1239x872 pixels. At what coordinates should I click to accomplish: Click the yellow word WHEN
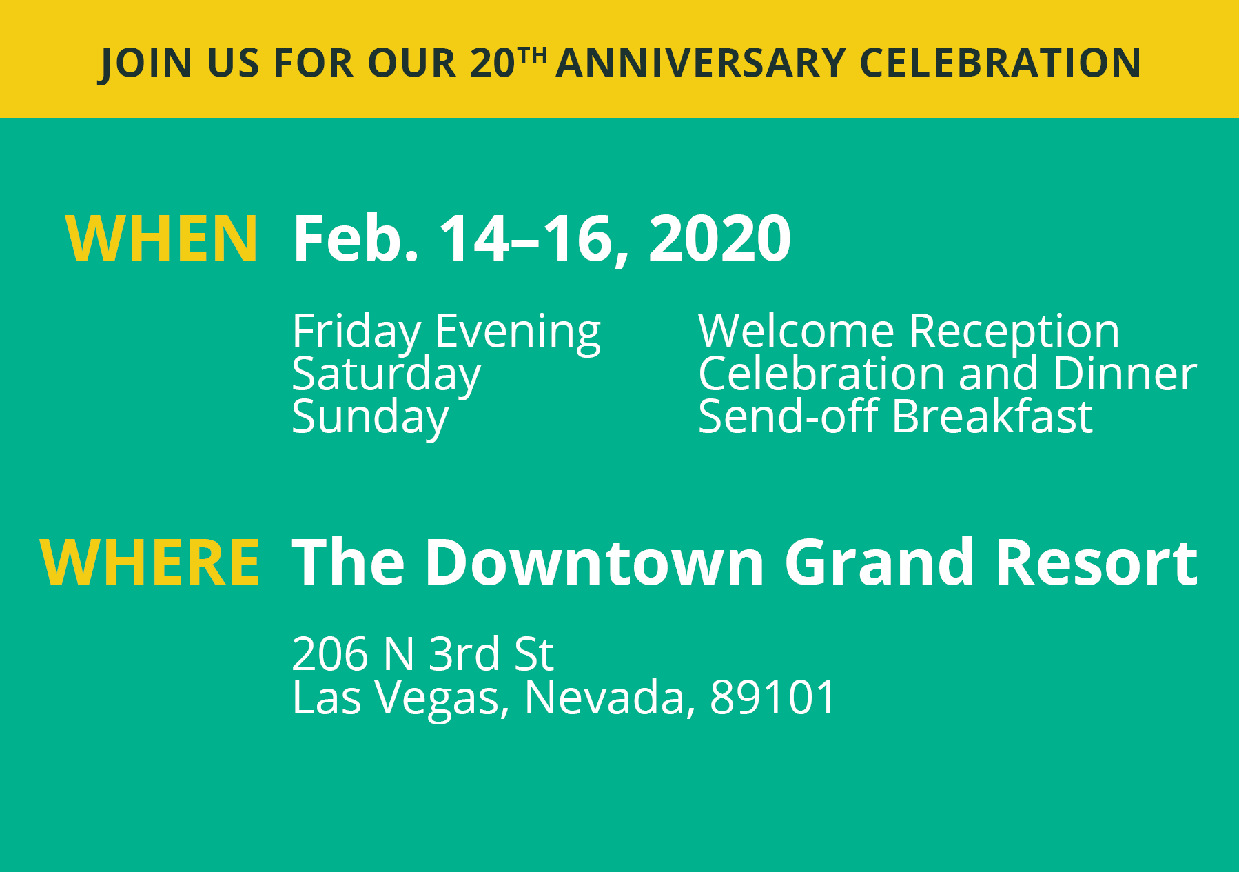point(161,239)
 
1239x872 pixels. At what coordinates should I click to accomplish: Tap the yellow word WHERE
point(150,562)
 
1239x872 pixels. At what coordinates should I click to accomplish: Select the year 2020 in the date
point(719,239)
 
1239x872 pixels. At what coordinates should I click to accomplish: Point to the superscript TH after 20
point(533,54)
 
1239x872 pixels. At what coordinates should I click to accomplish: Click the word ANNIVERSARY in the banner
point(700,63)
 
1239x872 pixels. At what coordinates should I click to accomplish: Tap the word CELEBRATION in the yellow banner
point(1000,63)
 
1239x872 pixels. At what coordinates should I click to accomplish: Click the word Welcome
point(796,331)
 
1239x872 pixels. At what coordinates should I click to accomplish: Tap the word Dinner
point(1125,374)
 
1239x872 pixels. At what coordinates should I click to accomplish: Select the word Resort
point(1096,562)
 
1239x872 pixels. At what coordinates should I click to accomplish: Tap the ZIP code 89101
point(772,697)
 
